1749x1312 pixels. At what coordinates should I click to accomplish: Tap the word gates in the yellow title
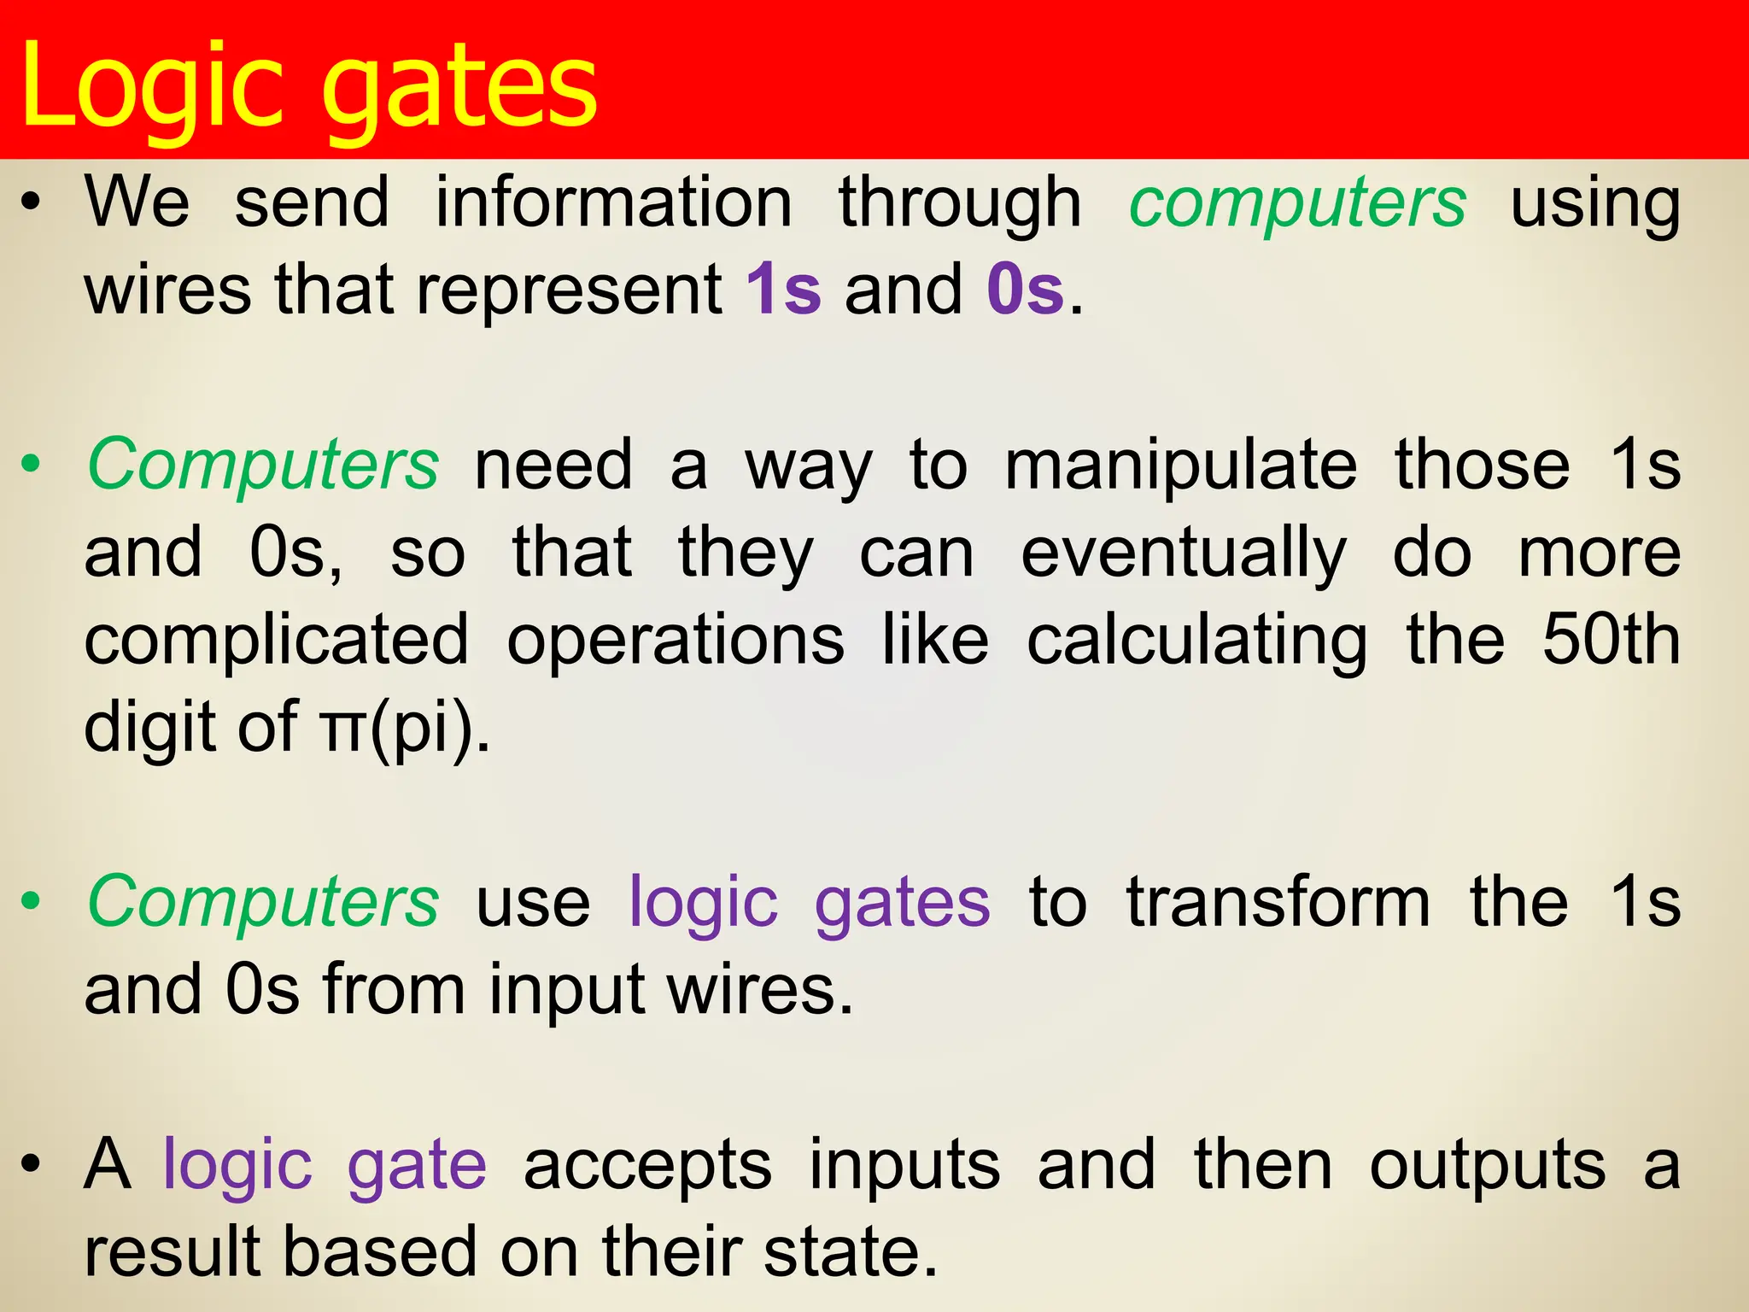tap(461, 90)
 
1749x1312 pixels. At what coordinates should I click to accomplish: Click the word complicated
tap(277, 641)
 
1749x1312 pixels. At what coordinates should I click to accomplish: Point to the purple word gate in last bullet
tap(417, 1167)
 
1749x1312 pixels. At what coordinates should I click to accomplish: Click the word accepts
tap(647, 1167)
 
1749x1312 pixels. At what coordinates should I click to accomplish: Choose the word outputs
tap(1487, 1167)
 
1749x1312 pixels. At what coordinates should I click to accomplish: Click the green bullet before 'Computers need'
tap(32, 466)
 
